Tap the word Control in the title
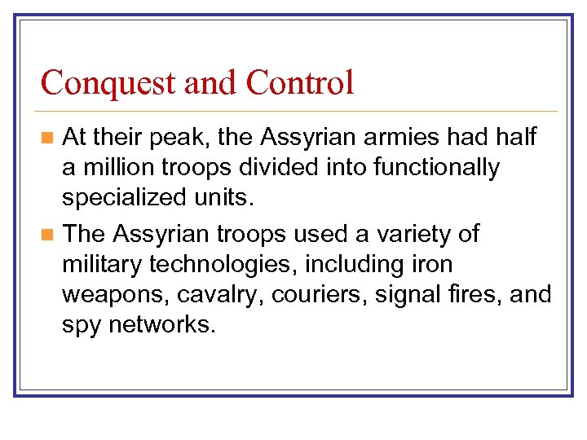point(300,83)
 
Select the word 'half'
point(510,137)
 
